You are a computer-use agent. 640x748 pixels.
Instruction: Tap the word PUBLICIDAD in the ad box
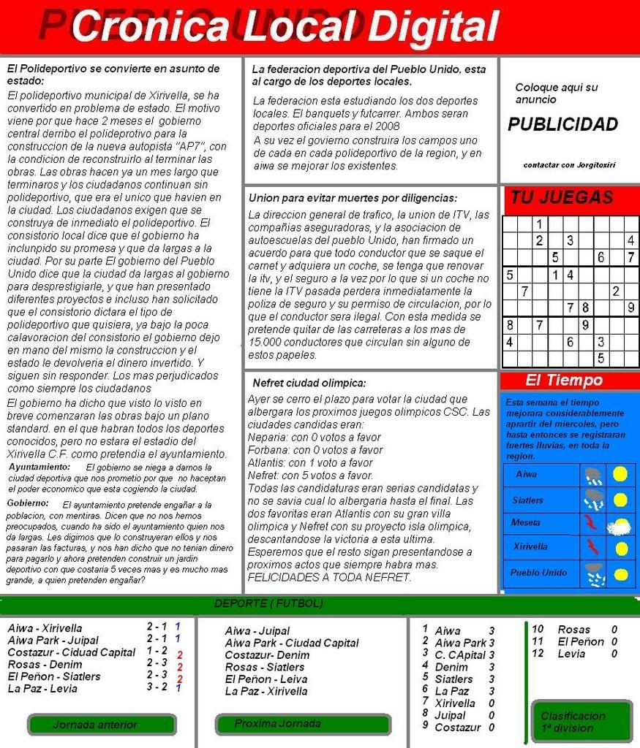(x=562, y=125)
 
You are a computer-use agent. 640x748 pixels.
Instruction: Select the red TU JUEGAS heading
(x=562, y=198)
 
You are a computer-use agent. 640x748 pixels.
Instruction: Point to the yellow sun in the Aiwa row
(x=620, y=475)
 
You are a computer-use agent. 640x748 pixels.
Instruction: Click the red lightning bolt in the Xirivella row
(x=592, y=546)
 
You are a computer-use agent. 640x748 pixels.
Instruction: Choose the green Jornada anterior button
(x=101, y=725)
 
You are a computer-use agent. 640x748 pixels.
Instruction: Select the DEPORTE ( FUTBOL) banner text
(x=268, y=604)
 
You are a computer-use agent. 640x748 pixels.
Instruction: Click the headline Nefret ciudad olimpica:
(x=309, y=383)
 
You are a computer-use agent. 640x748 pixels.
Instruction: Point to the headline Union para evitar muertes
(x=353, y=198)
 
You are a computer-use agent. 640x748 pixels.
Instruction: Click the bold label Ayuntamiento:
(x=39, y=466)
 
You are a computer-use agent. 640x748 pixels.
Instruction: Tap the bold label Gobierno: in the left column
(x=28, y=503)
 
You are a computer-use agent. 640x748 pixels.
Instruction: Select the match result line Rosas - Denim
(x=45, y=664)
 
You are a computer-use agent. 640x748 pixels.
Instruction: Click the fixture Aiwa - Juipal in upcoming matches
(x=257, y=630)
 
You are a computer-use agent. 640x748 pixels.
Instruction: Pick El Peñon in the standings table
(x=580, y=641)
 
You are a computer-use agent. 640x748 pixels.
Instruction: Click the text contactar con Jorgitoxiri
(x=569, y=165)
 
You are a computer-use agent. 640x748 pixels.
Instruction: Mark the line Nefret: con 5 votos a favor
(x=310, y=475)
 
